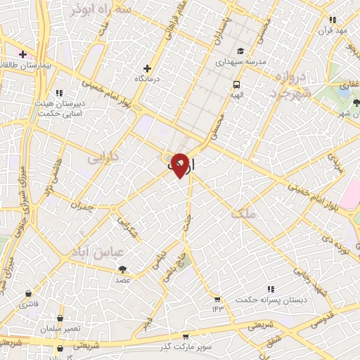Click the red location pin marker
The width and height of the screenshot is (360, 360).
[180, 165]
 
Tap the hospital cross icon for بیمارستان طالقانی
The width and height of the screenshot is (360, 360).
[22, 54]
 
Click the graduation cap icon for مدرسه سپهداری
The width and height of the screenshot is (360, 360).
[240, 51]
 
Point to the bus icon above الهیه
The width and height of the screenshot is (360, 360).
[236, 83]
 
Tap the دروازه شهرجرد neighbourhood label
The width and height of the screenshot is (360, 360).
[284, 87]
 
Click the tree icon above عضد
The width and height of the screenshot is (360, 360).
[122, 269]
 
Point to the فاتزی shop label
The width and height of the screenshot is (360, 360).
[29, 304]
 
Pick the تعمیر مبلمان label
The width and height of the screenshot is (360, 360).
[61, 329]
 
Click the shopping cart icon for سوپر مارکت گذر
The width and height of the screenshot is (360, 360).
[185, 337]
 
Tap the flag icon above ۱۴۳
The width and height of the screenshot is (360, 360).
[217, 299]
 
